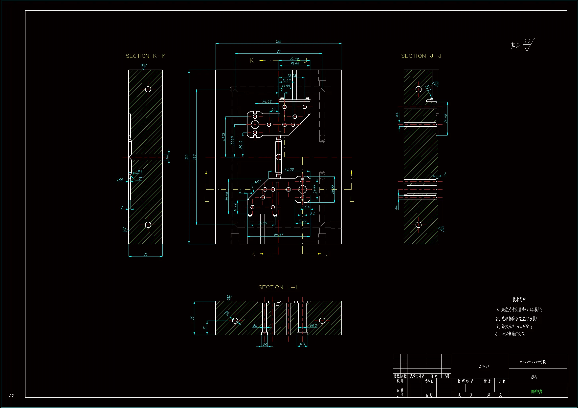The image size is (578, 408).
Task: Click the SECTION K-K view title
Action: tap(146, 56)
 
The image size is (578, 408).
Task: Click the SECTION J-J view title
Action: tap(421, 56)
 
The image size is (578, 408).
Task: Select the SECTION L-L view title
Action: tap(278, 287)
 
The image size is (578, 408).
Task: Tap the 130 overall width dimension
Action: tap(278, 41)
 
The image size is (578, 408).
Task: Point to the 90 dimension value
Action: tap(278, 52)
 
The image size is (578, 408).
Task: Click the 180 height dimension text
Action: tap(187, 157)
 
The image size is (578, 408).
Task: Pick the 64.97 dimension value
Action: tap(278, 234)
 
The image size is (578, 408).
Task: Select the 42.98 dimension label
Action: tap(289, 169)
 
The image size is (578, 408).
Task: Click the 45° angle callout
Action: tap(258, 182)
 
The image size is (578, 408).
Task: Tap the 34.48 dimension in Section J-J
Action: tap(445, 118)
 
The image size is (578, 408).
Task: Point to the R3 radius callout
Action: tap(140, 172)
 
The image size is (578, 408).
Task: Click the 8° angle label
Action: tap(140, 178)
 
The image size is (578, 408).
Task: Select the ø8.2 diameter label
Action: tap(313, 326)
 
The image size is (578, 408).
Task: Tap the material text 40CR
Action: tap(484, 367)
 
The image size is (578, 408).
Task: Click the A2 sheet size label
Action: tap(11, 396)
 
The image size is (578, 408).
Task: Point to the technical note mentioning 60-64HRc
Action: tap(513, 327)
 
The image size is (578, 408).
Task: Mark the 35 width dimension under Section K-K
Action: tap(146, 254)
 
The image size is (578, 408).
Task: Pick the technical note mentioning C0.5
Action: tap(510, 334)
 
